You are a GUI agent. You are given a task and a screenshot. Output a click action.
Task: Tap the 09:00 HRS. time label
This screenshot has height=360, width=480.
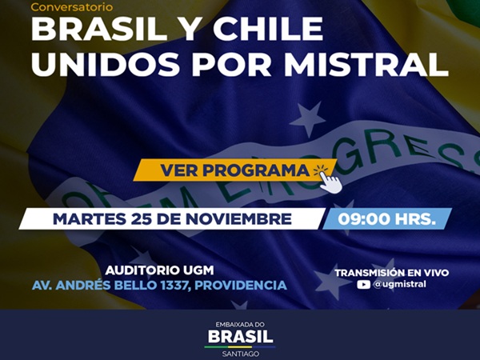387,218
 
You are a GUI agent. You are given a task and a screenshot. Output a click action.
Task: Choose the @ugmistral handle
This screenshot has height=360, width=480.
400,284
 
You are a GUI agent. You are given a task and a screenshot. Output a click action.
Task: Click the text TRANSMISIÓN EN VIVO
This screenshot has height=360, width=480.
391,272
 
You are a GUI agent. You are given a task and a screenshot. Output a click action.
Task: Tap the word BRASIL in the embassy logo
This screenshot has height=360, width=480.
240,336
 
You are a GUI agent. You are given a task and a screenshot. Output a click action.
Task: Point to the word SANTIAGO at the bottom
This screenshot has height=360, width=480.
240,353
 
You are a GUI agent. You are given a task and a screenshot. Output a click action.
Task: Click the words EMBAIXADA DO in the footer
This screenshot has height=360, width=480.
240,323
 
